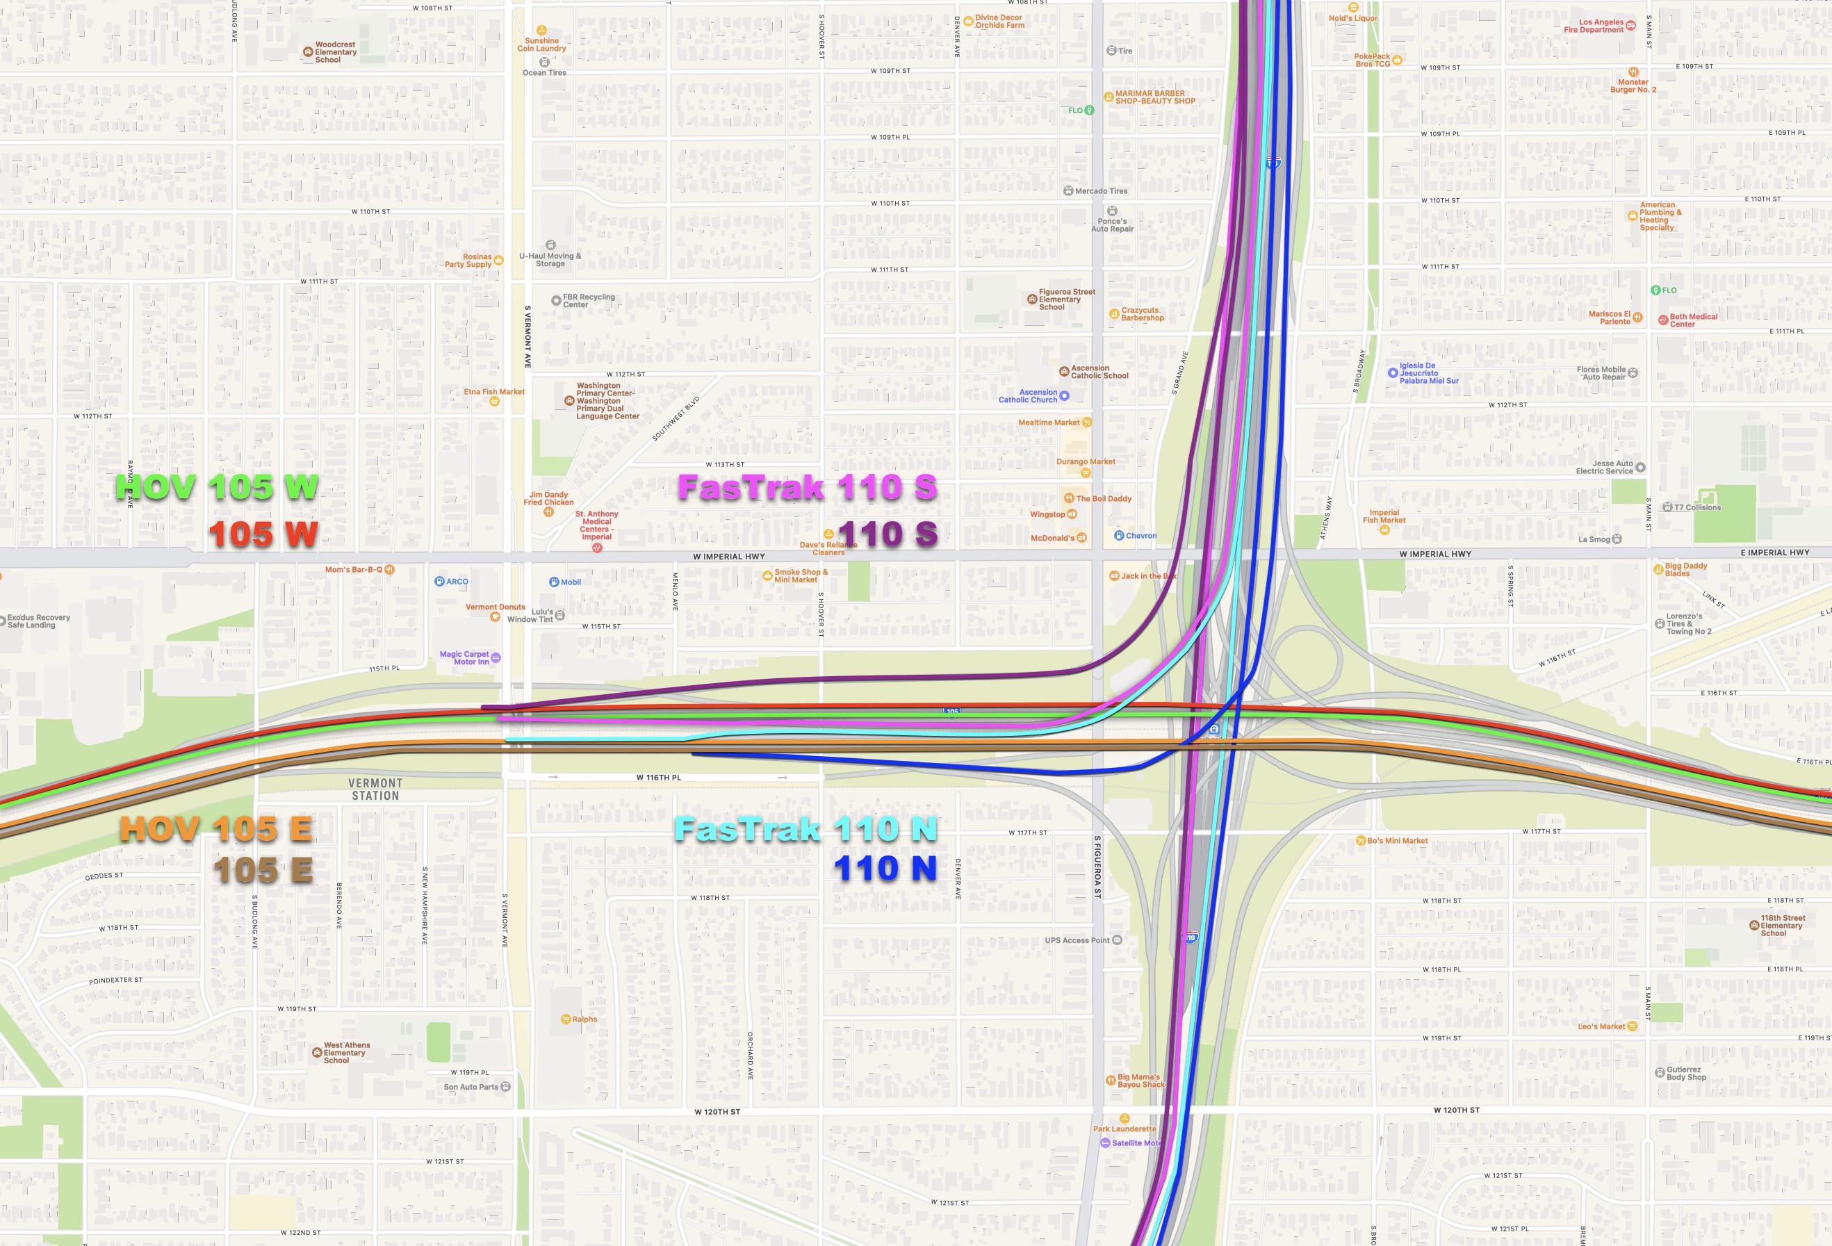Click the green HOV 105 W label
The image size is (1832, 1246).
click(x=217, y=488)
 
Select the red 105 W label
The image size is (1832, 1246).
click(x=263, y=535)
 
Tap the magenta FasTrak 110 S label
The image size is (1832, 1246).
click(x=807, y=488)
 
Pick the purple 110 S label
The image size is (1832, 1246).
click(x=888, y=535)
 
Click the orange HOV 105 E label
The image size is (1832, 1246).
click(x=216, y=829)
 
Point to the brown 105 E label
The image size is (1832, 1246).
click(x=263, y=871)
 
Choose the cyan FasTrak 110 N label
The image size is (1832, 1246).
click(x=805, y=829)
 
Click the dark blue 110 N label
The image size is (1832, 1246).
click(x=885, y=869)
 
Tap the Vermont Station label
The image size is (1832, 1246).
click(x=375, y=789)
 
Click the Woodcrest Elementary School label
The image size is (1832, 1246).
click(x=335, y=52)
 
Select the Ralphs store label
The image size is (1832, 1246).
click(x=584, y=1019)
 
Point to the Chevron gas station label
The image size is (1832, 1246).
click(x=1140, y=536)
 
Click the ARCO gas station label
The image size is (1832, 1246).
click(x=457, y=582)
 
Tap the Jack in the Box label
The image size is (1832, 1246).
click(x=1147, y=576)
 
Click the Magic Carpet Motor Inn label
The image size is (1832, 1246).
click(x=464, y=658)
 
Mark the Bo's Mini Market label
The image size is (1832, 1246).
click(x=1397, y=841)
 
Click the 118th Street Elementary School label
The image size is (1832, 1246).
click(x=1783, y=925)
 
